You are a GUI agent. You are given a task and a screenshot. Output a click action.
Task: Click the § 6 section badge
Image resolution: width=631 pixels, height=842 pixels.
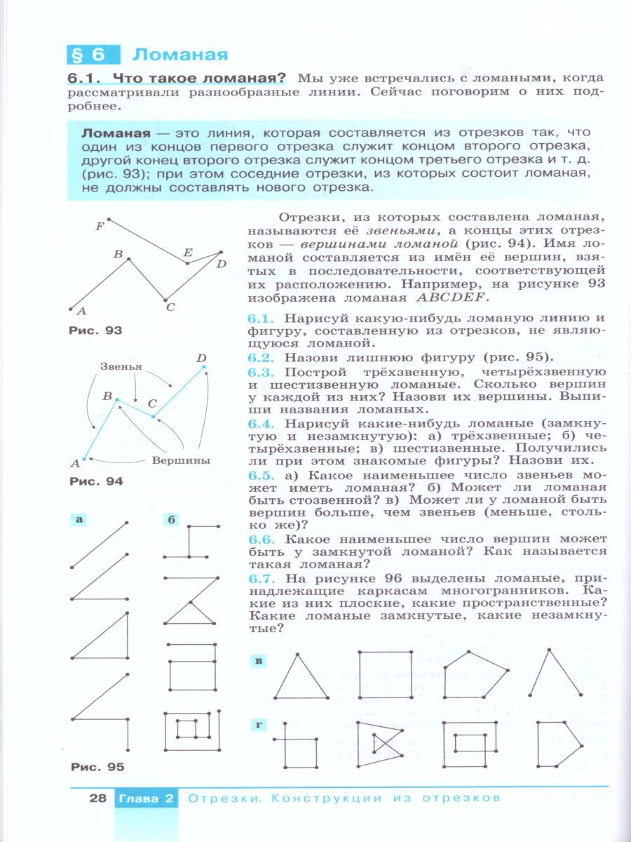[x=93, y=55]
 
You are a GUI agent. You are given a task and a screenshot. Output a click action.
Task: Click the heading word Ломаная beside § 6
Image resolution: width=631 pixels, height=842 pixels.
[x=180, y=55]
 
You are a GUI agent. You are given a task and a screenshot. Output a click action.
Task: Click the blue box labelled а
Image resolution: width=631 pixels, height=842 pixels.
[x=79, y=519]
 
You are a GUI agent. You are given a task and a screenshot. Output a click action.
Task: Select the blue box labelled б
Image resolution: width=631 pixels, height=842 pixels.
[x=171, y=520]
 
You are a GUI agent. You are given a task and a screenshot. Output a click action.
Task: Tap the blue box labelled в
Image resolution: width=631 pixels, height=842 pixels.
[x=258, y=660]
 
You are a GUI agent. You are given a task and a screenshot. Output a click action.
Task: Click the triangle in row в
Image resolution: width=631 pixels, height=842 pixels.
[x=301, y=676]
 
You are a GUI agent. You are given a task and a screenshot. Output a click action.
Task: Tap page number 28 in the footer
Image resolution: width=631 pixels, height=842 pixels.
[x=97, y=798]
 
